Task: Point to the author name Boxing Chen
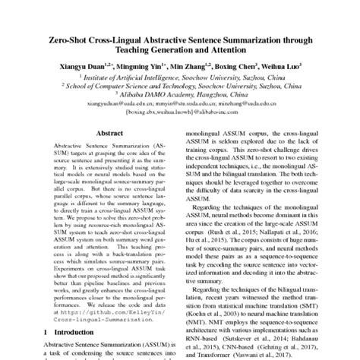click(242, 67)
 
